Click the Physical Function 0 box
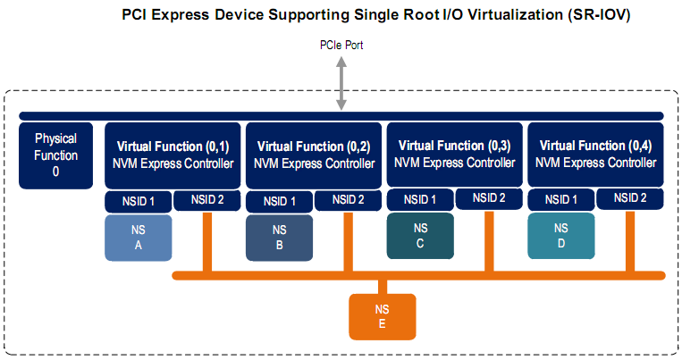tap(55, 155)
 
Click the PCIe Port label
tap(341, 45)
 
